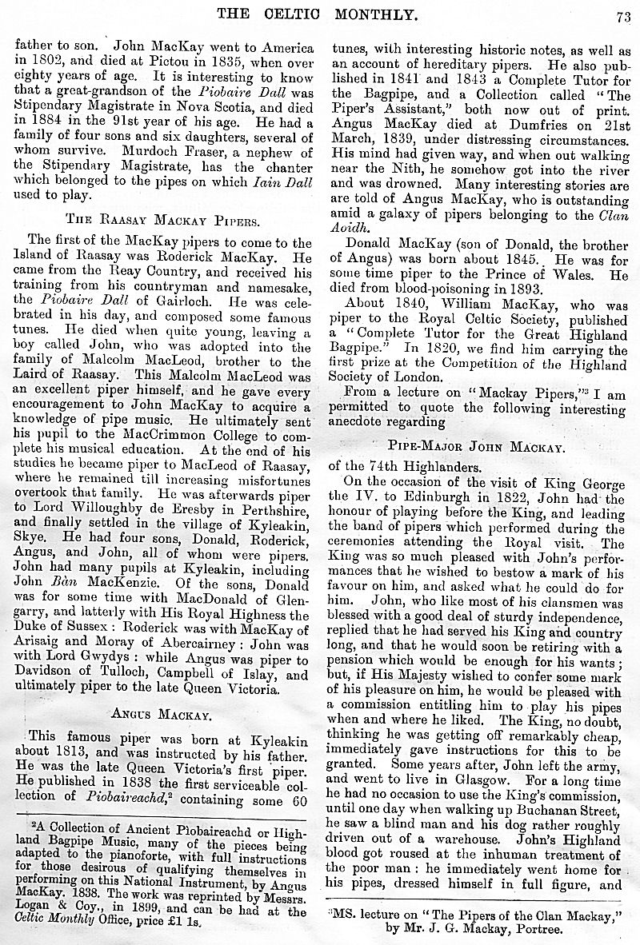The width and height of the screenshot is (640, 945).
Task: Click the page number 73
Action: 623,12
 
